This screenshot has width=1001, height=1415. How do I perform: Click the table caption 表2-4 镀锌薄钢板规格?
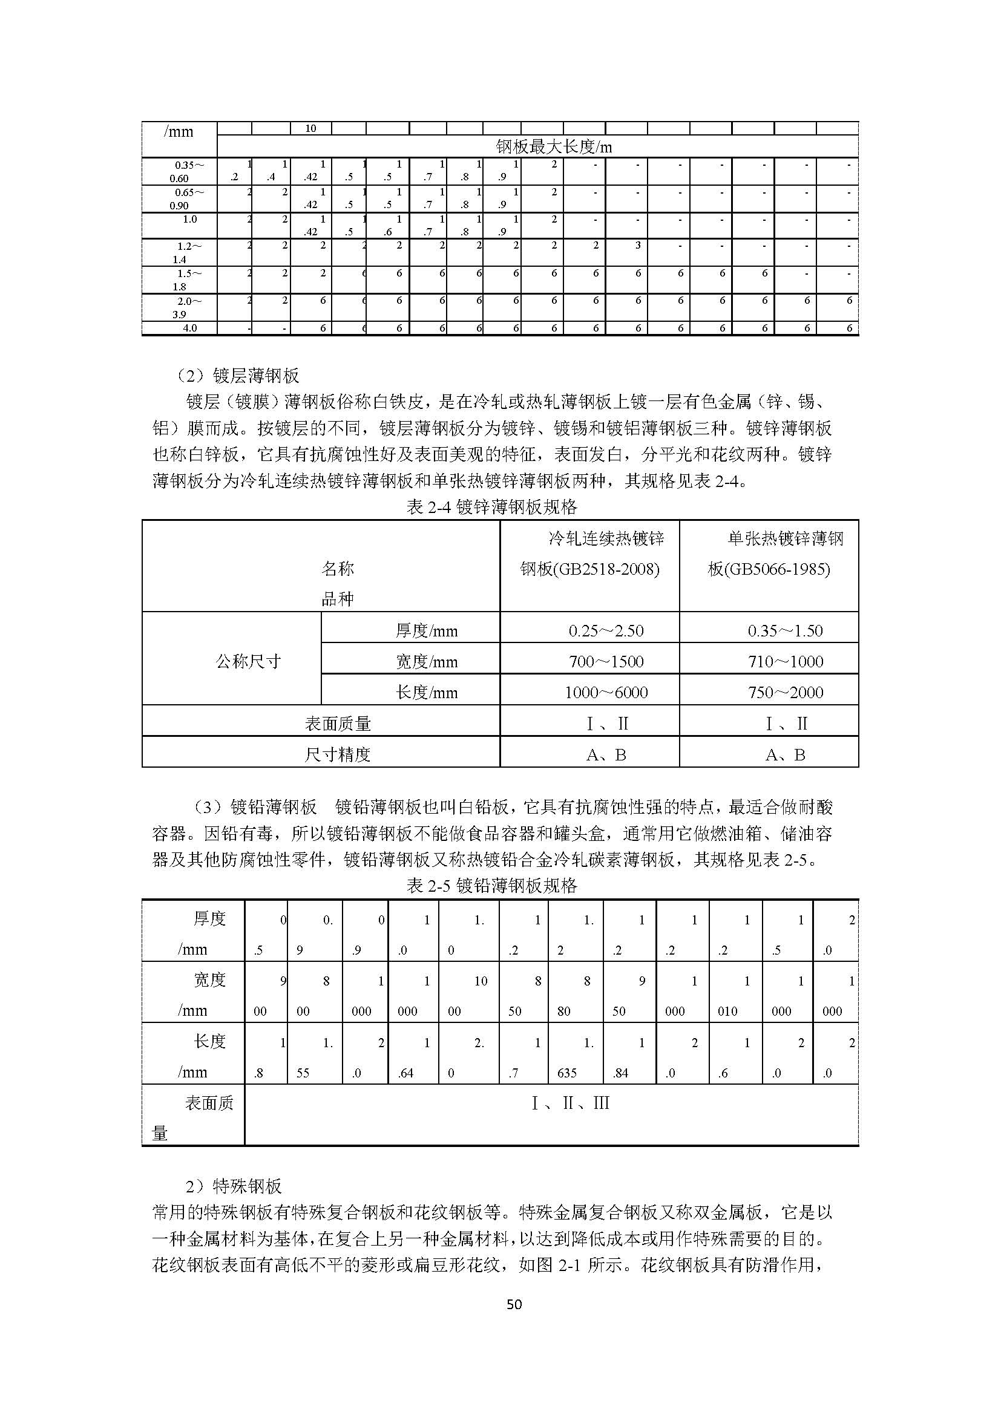[492, 507]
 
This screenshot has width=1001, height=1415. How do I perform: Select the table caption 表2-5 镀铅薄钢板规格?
[492, 886]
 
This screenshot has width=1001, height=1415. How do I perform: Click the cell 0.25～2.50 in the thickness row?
[606, 630]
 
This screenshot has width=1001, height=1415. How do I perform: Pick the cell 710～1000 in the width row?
[786, 661]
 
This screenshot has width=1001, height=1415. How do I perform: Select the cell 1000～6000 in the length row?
[606, 692]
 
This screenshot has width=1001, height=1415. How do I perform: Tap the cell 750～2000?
[786, 692]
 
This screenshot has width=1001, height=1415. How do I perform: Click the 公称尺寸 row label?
[248, 661]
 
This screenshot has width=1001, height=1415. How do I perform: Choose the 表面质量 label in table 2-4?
[338, 724]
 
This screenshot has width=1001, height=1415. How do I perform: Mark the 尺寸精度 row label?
[338, 754]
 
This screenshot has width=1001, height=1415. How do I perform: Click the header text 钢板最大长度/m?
[554, 146]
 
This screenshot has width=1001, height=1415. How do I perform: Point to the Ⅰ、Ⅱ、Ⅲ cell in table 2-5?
[570, 1103]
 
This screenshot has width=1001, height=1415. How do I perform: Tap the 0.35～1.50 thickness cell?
[786, 630]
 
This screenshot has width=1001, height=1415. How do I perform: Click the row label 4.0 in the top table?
[190, 328]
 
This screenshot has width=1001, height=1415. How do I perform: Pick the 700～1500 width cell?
[606, 661]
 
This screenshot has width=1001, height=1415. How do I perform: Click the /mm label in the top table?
[179, 131]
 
